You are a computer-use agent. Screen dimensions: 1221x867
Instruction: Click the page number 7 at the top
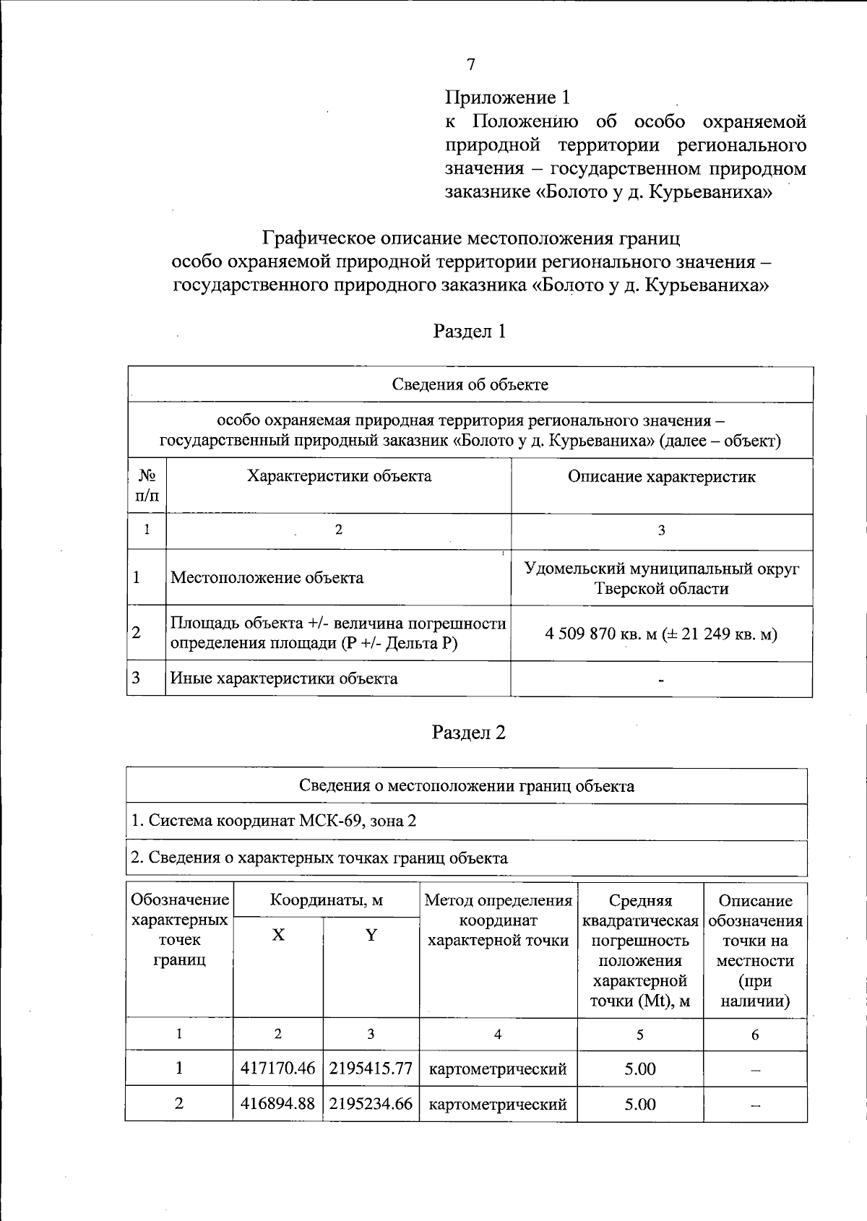470,65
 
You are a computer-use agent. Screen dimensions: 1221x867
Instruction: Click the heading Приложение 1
508,98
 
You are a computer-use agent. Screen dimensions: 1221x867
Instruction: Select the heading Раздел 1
470,331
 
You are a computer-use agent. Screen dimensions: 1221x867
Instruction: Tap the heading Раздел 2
469,733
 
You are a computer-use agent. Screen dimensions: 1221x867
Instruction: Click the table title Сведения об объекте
470,384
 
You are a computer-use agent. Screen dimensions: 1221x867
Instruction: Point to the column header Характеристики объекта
339,476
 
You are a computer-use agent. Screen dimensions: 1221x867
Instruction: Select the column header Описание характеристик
661,477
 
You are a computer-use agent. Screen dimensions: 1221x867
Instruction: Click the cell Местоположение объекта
267,578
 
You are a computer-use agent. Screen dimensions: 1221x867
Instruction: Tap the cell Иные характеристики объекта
283,678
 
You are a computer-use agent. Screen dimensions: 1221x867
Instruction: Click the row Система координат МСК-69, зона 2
273,821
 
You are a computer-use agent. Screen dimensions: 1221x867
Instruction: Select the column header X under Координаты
278,936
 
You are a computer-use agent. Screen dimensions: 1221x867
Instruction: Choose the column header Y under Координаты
371,936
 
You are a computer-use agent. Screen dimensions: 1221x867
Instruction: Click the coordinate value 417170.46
278,1069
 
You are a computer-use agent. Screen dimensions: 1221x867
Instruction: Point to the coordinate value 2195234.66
371,1104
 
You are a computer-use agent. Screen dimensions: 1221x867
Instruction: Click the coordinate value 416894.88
278,1104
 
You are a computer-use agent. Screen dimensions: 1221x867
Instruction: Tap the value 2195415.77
371,1069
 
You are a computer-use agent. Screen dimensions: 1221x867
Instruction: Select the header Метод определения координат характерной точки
498,920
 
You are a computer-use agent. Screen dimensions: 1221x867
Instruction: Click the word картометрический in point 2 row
498,1105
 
